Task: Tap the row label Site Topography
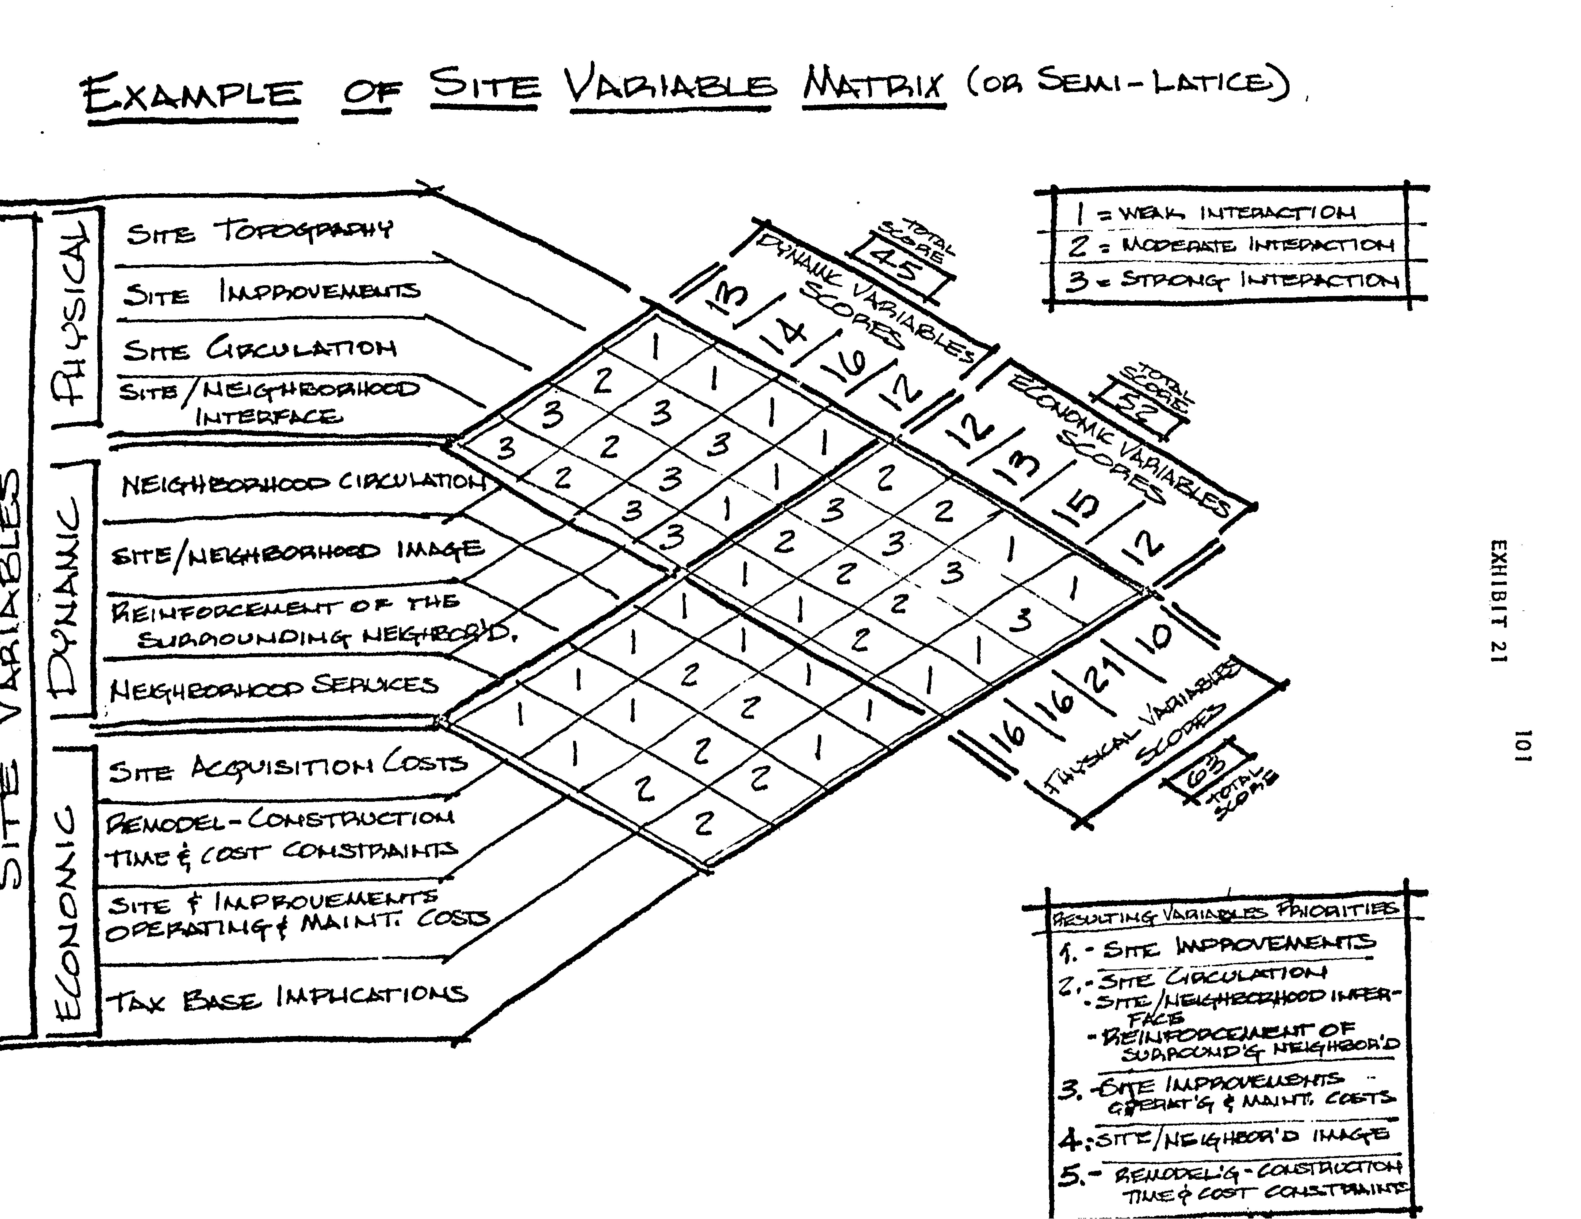coord(259,232)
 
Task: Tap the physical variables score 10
coord(1157,639)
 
